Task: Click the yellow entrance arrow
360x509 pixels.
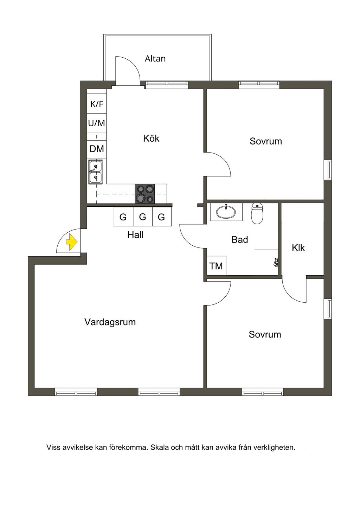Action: [x=72, y=242]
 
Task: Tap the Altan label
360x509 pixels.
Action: [x=155, y=59]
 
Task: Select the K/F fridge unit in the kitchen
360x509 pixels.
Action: [x=97, y=104]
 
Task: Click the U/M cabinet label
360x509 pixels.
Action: [x=97, y=123]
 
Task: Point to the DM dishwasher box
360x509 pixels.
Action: [x=97, y=149]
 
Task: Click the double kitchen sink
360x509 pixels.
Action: [x=95, y=172]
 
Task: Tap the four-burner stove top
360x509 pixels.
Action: [x=145, y=194]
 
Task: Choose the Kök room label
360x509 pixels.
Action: [x=151, y=138]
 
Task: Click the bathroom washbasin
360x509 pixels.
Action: [x=226, y=212]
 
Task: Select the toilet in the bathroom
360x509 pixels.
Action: [x=257, y=214]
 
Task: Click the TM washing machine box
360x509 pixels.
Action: [x=216, y=266]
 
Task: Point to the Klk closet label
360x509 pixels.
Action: [x=298, y=248]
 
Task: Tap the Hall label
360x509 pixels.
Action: [x=135, y=235]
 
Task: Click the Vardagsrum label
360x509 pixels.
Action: [x=110, y=322]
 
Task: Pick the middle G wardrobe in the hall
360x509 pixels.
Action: [x=142, y=217]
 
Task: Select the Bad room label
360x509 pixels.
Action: [x=240, y=240]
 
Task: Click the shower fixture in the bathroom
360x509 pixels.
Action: [x=276, y=262]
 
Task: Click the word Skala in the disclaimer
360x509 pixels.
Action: [x=160, y=448]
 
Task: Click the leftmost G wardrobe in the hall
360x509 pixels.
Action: [x=123, y=217]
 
